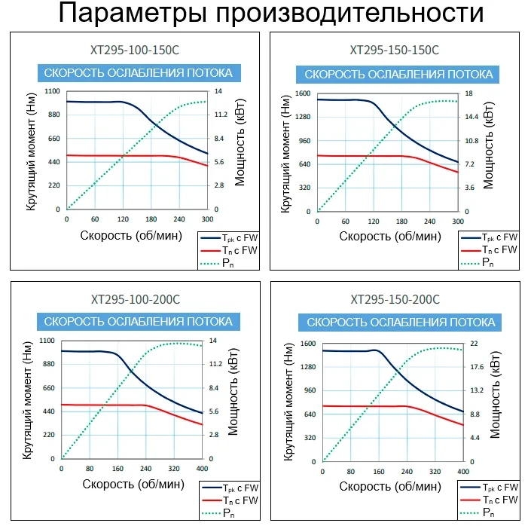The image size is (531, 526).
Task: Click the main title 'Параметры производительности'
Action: [265, 15]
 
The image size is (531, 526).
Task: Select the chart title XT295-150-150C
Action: [395, 50]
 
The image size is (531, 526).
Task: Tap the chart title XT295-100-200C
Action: [136, 299]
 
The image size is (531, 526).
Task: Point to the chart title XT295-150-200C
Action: [395, 299]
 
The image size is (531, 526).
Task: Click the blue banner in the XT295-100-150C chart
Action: [138, 73]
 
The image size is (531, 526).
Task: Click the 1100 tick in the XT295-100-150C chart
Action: [51, 90]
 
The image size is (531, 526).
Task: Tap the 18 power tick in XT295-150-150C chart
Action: [468, 93]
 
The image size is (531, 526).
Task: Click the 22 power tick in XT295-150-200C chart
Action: [474, 344]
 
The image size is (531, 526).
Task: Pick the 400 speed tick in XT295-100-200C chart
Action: [202, 468]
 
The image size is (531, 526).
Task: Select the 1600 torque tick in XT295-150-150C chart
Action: [303, 93]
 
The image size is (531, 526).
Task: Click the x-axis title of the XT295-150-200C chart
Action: [390, 485]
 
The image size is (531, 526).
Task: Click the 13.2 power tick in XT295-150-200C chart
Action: [476, 390]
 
